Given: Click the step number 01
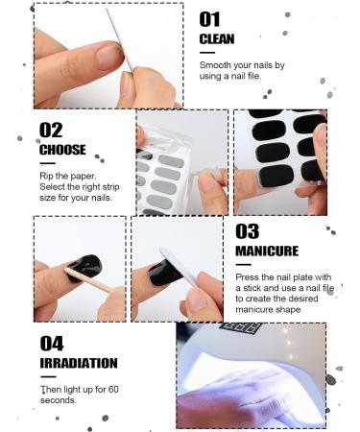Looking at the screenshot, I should pos(209,18).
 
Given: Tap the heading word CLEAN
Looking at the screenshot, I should pos(217,38).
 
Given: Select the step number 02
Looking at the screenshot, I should pos(51,129).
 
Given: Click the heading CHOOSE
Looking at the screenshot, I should pos(62,150).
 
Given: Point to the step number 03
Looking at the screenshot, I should pos(247,230).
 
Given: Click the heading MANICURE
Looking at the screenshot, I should pos(266,251).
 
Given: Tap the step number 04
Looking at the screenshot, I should pos(52,343).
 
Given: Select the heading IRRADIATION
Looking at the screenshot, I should pos(79,364).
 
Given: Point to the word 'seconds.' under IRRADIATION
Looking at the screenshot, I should pos(59,401).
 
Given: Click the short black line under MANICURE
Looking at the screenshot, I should pos(244,264).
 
